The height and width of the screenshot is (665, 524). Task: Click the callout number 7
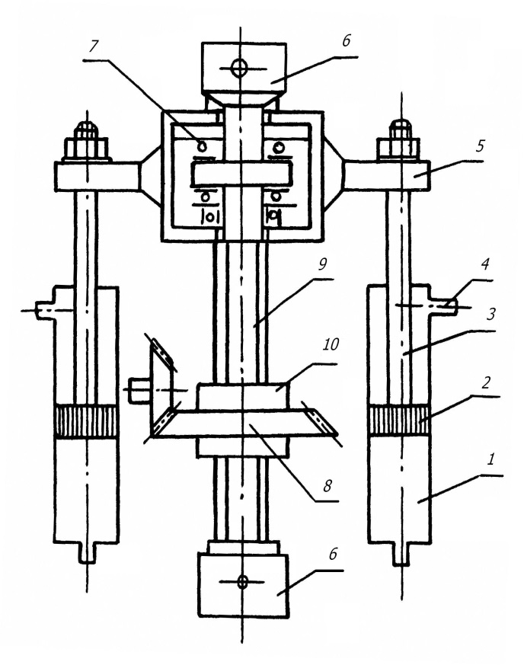click(92, 46)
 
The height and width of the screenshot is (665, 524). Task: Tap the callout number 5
click(480, 145)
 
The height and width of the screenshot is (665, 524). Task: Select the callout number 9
click(322, 264)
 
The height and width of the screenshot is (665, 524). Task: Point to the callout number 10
click(485, 264)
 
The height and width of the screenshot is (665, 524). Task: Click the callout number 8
click(327, 485)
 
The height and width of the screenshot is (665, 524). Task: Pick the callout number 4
click(485, 264)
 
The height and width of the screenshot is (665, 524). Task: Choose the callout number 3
click(490, 315)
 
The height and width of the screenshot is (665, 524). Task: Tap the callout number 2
click(486, 382)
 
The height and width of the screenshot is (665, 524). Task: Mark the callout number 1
click(490, 459)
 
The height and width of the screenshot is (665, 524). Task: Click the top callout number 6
click(346, 40)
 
